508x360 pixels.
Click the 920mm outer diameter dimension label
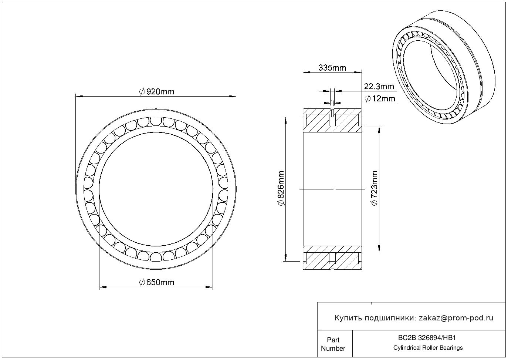coord(156,92)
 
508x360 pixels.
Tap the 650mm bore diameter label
coord(156,282)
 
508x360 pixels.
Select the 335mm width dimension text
coord(332,68)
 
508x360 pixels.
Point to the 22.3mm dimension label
coord(379,87)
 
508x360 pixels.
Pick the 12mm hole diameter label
coord(380,98)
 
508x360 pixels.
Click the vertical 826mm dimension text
coord(281,188)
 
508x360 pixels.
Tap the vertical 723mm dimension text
coord(375,188)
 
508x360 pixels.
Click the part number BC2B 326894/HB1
coord(427,338)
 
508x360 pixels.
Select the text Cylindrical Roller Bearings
coord(428,348)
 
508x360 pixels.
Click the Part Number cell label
coord(333,344)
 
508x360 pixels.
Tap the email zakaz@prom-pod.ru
coord(456,318)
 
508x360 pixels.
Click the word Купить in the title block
coord(348,318)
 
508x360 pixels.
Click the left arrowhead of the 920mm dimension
coord(79,97)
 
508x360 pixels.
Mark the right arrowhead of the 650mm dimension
coord(209,287)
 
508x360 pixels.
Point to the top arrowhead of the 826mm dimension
coord(286,121)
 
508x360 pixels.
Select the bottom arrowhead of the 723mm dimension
coord(379,249)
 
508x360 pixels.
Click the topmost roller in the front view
coord(156,121)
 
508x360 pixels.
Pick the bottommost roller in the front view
coord(156,257)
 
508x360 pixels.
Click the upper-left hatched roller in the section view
coord(318,120)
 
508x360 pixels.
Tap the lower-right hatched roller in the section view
coord(347,258)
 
